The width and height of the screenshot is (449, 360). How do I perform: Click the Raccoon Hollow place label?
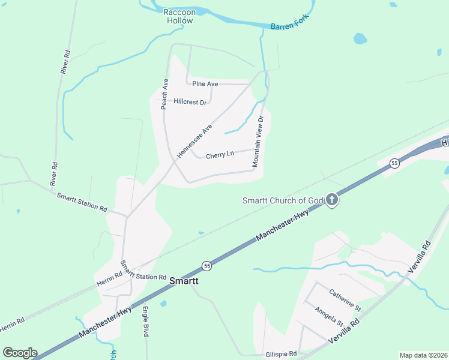pos(178,16)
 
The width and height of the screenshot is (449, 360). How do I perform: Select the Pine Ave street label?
pos(205,84)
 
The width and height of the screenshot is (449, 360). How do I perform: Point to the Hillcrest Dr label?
pos(190,102)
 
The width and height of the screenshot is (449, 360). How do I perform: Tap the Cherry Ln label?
pos(219,155)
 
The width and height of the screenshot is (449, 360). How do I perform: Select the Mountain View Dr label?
pos(258,141)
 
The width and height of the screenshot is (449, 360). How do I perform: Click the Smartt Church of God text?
pos(283,200)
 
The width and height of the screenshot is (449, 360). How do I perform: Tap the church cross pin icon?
pos(332,200)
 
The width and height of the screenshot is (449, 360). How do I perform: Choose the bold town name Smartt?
pos(184,280)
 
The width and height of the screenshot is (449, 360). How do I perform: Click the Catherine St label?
pos(345,301)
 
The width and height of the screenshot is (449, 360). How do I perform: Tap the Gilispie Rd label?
pos(281,354)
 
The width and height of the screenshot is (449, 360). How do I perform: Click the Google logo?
pos(20,353)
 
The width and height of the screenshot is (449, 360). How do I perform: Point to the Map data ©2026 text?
pos(423,355)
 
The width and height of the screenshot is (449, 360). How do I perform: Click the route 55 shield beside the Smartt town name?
pos(206,265)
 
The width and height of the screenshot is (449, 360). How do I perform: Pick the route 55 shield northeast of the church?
pos(394,163)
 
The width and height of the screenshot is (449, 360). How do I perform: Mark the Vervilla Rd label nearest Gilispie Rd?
pos(344,331)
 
